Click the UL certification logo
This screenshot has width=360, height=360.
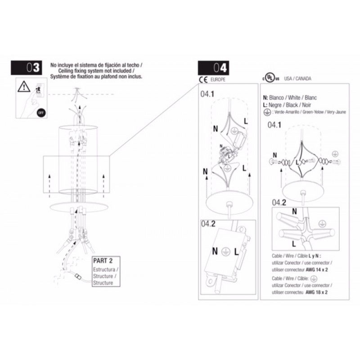(x=268, y=78)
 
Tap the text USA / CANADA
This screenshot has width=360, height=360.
(x=298, y=78)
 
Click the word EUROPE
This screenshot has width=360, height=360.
(x=217, y=79)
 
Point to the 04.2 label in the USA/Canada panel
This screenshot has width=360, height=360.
(x=279, y=202)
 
